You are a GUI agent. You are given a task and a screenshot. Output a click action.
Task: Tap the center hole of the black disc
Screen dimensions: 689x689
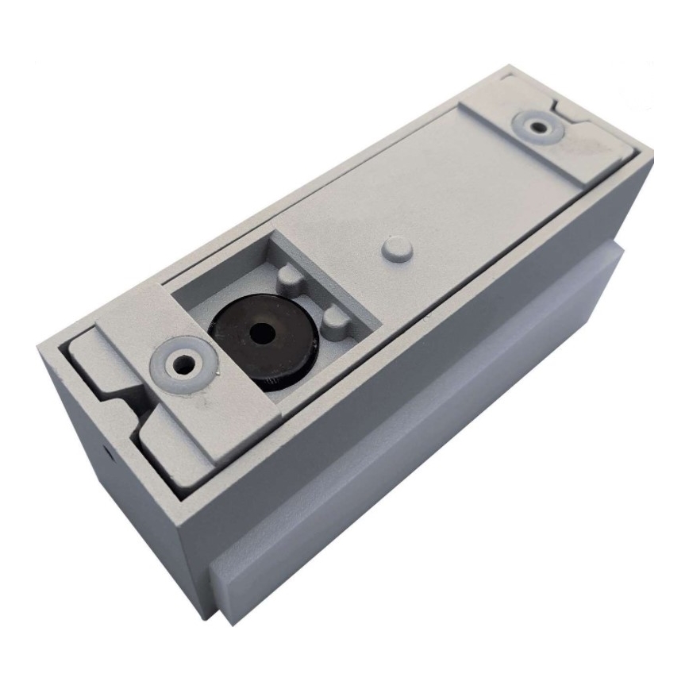coord(259,333)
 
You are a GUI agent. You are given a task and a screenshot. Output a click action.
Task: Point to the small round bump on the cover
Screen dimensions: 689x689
coord(395,248)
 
